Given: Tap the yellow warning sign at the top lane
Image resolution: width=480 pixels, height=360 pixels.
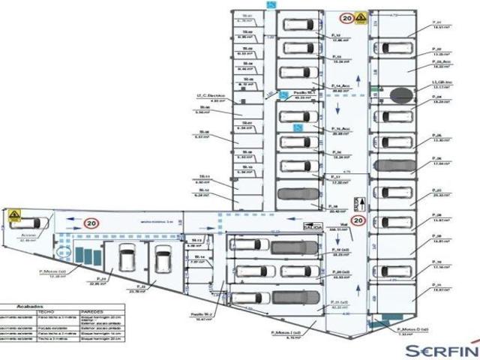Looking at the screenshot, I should (360, 17).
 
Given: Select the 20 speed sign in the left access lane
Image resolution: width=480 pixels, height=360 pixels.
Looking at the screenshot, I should (91, 223).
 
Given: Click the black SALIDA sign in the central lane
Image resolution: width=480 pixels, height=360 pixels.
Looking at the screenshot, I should (313, 226).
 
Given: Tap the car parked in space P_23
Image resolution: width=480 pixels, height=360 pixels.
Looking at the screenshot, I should (126, 262).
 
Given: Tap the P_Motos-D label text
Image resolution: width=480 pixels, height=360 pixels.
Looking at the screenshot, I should (413, 328).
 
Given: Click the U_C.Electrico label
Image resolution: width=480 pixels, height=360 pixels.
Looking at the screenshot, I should (211, 96).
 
